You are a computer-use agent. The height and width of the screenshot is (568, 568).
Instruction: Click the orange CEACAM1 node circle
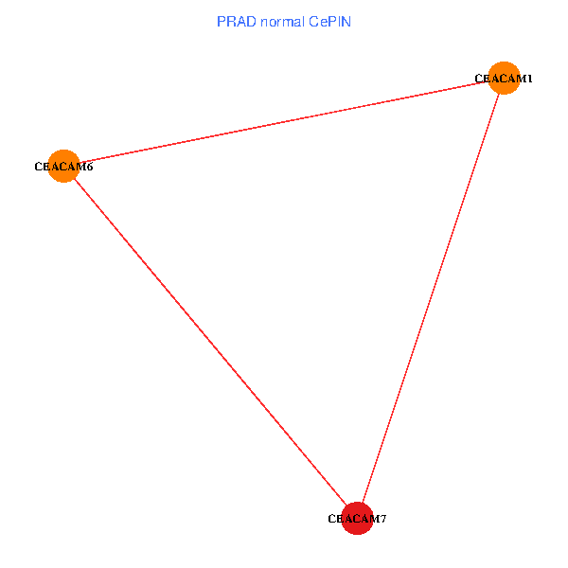pyautogui.click(x=504, y=78)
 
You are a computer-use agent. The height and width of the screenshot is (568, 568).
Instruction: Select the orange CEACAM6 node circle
pyautogui.click(x=63, y=166)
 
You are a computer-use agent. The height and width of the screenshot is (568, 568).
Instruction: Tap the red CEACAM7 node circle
pyautogui.click(x=357, y=518)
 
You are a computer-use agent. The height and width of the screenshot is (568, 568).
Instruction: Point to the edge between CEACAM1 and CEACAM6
pyautogui.click(x=284, y=122)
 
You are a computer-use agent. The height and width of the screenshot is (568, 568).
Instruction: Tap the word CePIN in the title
pyautogui.click(x=328, y=21)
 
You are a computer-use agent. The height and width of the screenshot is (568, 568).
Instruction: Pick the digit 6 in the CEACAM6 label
pyautogui.click(x=89, y=168)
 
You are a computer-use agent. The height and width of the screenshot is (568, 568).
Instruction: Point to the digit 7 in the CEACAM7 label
pyautogui.click(x=382, y=519)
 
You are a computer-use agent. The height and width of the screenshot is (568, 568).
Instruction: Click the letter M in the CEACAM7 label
pyautogui.click(x=373, y=519)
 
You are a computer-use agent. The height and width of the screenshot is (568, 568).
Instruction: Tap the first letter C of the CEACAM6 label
pyautogui.click(x=39, y=168)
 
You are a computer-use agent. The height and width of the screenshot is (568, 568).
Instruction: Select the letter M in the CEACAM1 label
pyautogui.click(x=520, y=79)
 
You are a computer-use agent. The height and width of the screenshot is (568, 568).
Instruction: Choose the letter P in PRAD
pyautogui.click(x=222, y=21)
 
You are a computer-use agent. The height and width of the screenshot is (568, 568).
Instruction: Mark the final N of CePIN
pyautogui.click(x=346, y=21)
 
